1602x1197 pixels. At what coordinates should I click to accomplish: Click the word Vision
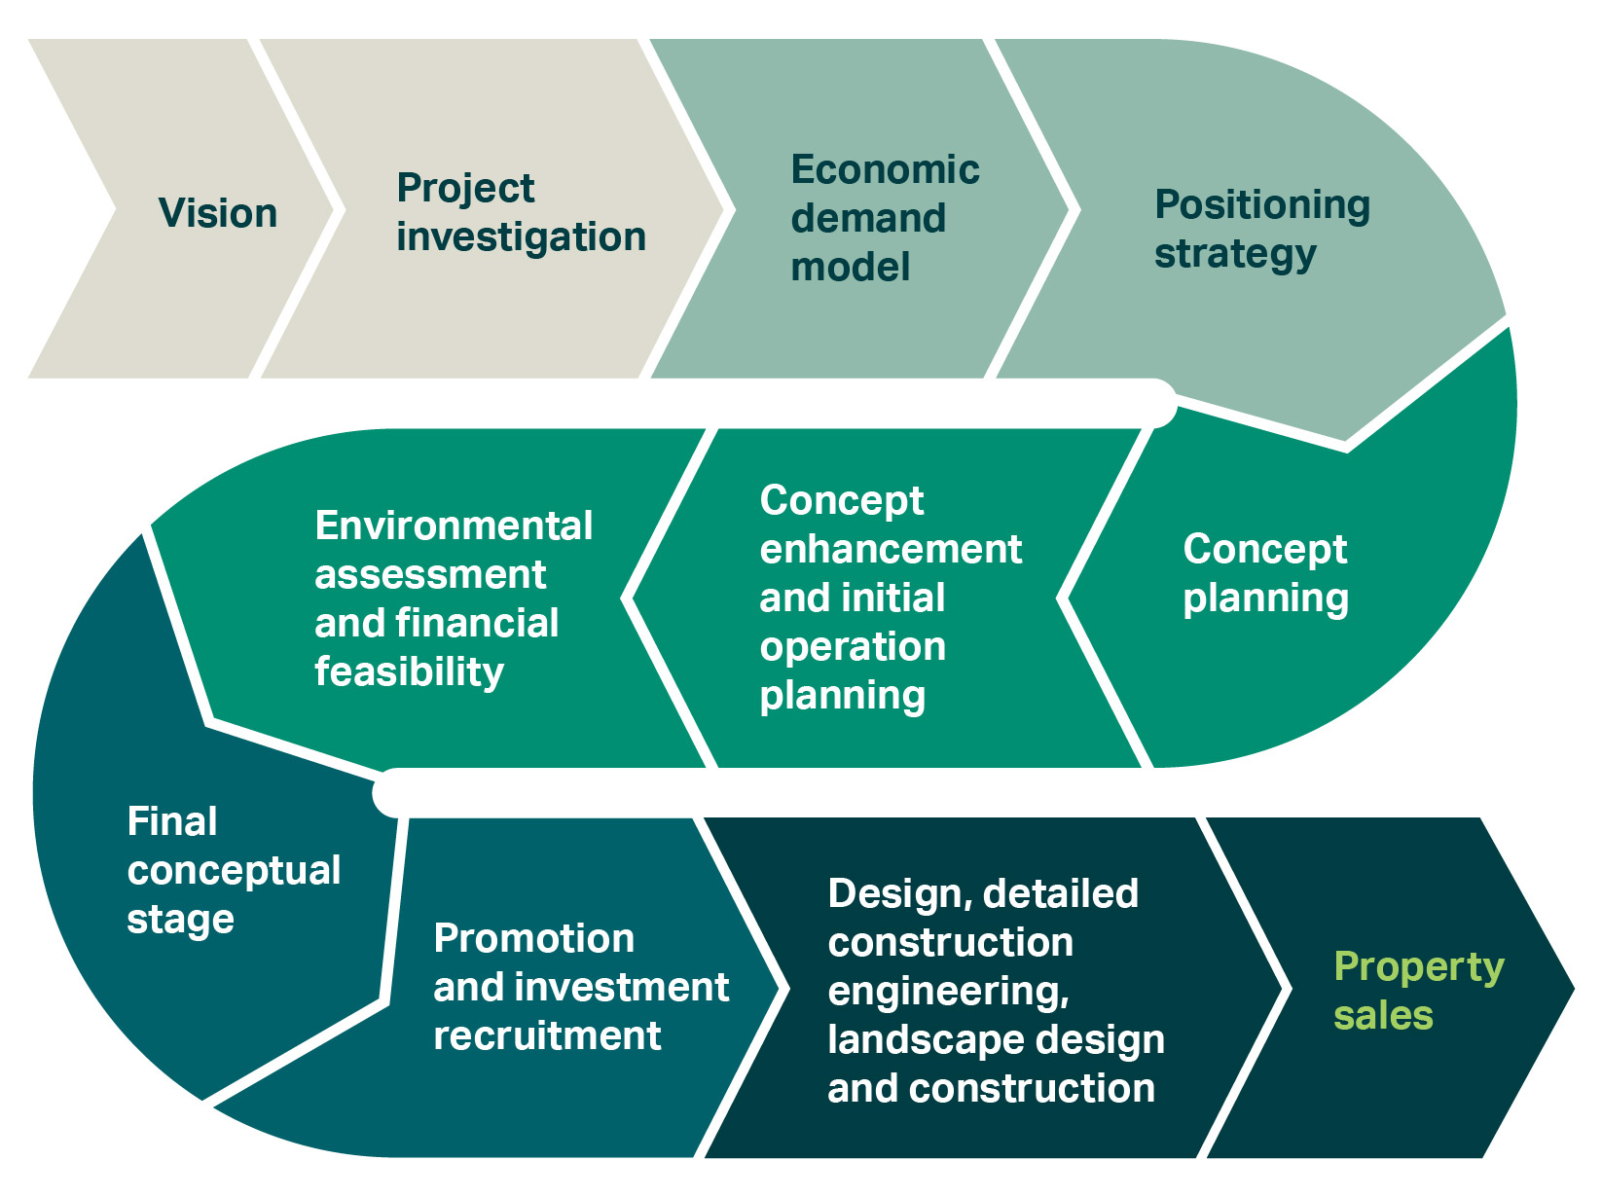coord(217,213)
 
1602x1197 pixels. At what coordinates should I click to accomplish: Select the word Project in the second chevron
coord(465,189)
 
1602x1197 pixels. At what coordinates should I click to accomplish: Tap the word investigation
coord(521,237)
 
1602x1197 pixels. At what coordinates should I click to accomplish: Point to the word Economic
coord(885,170)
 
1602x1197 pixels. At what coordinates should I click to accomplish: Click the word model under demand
coord(851,267)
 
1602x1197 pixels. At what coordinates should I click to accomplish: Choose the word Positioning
coord(1262,205)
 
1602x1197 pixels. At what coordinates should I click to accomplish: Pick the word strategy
coord(1235,255)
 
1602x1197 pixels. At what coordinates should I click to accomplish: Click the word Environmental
coord(454,526)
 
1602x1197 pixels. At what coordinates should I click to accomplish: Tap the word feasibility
coord(409,671)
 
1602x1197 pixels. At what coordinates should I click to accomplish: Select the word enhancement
coord(891,549)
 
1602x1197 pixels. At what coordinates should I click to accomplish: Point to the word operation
coord(853,648)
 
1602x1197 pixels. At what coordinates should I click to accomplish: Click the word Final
coord(171,821)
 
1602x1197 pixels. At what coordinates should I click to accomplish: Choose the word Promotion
coord(533,938)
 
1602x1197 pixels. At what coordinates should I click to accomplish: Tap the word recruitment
coord(547,1035)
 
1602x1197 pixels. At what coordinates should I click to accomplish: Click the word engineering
coord(948,992)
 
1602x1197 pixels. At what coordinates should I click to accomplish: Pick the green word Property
coord(1419,968)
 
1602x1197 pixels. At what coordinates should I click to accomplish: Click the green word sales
coord(1383,1015)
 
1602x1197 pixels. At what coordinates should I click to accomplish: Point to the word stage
coord(180,920)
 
